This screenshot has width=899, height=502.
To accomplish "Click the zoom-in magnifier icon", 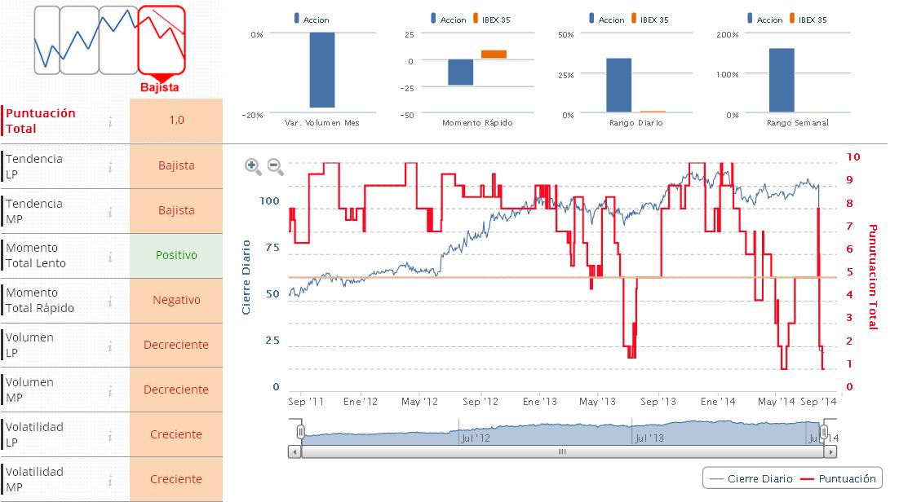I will click(253, 166).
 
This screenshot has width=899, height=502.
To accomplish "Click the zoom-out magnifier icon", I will click(275, 166).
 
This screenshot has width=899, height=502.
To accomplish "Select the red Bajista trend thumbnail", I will click(162, 41).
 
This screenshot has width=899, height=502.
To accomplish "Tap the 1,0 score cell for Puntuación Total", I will click(176, 121).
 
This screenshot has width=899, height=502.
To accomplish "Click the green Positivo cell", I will click(176, 255).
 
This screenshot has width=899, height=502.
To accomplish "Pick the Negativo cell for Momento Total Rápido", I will click(176, 300).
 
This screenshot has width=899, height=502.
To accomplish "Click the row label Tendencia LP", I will click(34, 166).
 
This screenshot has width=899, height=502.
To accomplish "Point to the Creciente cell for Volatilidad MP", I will click(176, 479).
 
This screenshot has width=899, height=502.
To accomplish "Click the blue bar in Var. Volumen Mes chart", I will click(321, 70).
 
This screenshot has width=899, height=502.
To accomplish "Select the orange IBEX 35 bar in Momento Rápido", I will click(494, 55).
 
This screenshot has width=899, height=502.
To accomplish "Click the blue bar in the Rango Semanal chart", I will click(782, 80).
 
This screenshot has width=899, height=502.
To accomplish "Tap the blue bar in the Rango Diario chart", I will click(618, 85).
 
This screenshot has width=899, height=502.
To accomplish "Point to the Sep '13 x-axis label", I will click(658, 402).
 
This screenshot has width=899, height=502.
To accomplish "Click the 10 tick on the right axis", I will click(853, 156).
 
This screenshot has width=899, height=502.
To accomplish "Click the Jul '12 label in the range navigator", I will click(475, 438).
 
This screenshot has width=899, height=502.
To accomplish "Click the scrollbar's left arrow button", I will click(294, 451).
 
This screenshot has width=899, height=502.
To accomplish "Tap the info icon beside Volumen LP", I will click(110, 346).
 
